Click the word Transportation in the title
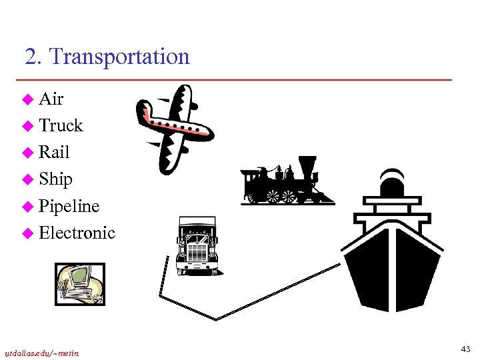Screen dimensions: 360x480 tap(119, 57)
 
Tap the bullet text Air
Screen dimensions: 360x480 tap(51, 99)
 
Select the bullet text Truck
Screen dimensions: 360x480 tap(61, 126)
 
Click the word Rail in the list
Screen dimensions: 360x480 tap(54, 153)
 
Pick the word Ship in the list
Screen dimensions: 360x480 tap(55, 179)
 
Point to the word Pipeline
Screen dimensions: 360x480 tap(69, 206)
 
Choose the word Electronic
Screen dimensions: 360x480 tap(77, 233)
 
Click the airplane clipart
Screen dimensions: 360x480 tap(173, 127)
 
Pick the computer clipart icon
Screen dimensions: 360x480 tap(79, 284)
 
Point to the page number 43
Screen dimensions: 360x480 tap(465, 349)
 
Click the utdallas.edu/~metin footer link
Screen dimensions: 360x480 tap(42, 353)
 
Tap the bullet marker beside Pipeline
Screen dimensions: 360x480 tap(27, 207)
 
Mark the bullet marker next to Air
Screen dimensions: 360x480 tap(27, 100)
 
